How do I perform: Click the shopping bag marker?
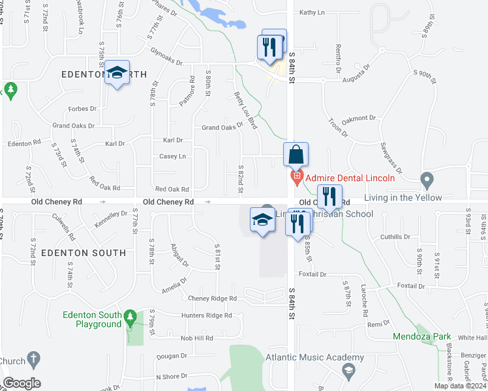pos(296,155)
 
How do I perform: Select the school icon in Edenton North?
pos(117,74)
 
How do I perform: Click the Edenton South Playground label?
pos(93,319)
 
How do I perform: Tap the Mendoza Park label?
pos(422,336)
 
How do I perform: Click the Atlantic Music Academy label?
pos(314,358)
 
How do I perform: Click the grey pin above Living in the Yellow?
pos(427,179)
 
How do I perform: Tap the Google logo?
pos(22,383)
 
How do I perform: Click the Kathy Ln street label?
pos(312,12)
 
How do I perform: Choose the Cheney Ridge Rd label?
pos(212,298)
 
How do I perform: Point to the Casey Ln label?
pos(173,156)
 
